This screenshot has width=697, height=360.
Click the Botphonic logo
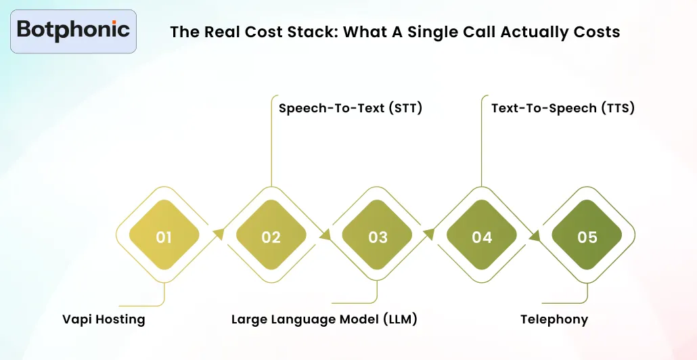coord(73,30)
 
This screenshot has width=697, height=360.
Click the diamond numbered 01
coord(164,237)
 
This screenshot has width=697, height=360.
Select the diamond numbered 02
coord(271,237)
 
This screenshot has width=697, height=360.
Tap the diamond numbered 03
coord(378,237)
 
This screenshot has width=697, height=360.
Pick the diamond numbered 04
coord(482,237)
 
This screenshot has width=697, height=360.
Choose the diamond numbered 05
coord(587,237)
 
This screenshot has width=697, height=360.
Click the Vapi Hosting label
coord(104,319)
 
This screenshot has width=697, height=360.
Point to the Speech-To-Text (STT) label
coord(351,108)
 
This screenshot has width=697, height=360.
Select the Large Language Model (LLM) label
coord(324,319)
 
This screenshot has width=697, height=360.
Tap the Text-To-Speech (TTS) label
coord(563,108)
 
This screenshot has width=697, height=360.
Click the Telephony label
coord(554,319)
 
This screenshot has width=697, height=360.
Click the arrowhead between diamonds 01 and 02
coord(218,234)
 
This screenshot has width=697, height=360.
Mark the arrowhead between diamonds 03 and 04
coord(428,234)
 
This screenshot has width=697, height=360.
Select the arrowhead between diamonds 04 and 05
coord(535,236)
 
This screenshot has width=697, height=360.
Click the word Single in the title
coord(432,32)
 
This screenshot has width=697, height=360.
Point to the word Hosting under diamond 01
coord(120,319)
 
